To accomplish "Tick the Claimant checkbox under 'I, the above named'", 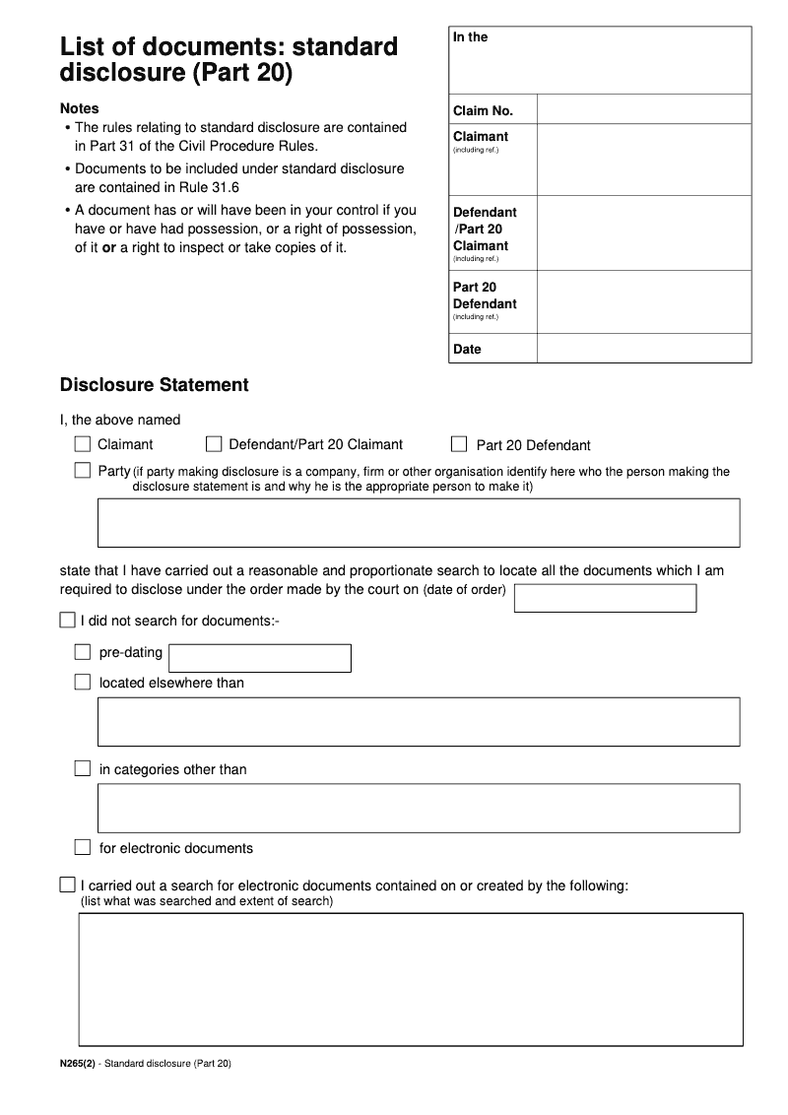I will pyautogui.click(x=83, y=444).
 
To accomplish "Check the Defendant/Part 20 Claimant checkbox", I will pyautogui.click(x=214, y=444).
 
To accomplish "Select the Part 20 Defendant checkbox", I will pyautogui.click(x=459, y=444).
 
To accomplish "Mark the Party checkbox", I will pyautogui.click(x=83, y=471).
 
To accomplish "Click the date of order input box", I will pyautogui.click(x=605, y=598).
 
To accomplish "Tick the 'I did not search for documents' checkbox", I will pyautogui.click(x=67, y=621).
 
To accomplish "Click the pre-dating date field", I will pyautogui.click(x=260, y=658).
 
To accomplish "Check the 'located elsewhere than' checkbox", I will pyautogui.click(x=83, y=682).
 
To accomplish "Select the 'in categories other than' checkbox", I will pyautogui.click(x=83, y=768).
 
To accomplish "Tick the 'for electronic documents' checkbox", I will pyautogui.click(x=83, y=847).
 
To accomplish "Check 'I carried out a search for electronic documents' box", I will pyautogui.click(x=67, y=885).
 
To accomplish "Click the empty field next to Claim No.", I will pyautogui.click(x=643, y=109).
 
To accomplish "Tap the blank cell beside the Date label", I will pyautogui.click(x=643, y=349).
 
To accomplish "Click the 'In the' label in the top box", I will pyautogui.click(x=470, y=37).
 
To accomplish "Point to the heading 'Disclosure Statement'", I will pyautogui.click(x=155, y=385).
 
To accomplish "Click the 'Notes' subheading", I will pyautogui.click(x=80, y=108).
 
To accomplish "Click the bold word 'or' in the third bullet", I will pyautogui.click(x=109, y=247).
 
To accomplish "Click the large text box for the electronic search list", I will pyautogui.click(x=410, y=979).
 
